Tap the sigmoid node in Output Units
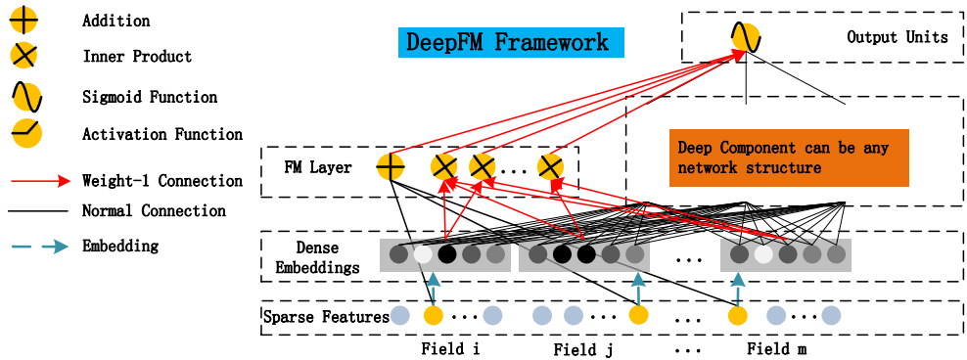coord(745,38)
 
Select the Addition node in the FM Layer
coord(391,165)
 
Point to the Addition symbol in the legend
coord(23,21)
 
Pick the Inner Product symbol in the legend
coord(23,56)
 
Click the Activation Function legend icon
coord(25,134)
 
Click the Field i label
coord(451,349)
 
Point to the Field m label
coord(777,349)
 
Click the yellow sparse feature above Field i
coord(434,316)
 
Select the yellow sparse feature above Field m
coord(738,316)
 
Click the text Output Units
coord(898,37)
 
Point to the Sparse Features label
coord(326,318)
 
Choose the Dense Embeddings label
coord(317,257)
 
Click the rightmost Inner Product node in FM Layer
coord(551,166)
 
